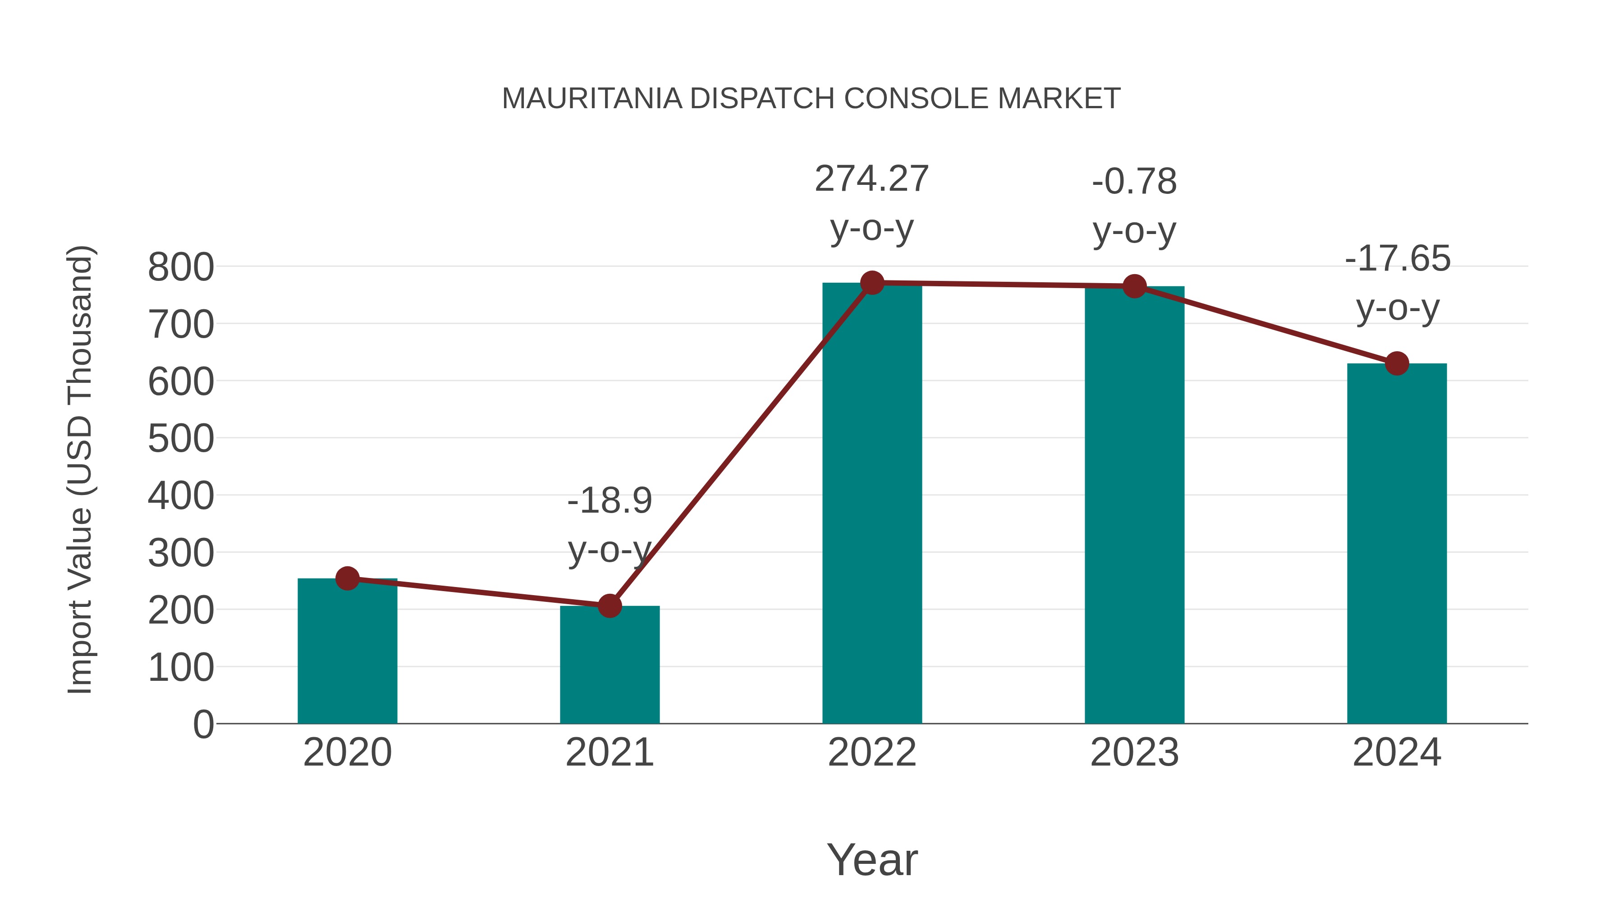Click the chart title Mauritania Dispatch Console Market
point(811,99)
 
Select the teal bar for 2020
point(347,652)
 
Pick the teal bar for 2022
point(872,504)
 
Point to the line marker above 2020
point(347,578)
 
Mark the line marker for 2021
point(609,606)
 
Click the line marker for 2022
point(872,283)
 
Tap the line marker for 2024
point(1397,363)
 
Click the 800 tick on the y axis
point(181,267)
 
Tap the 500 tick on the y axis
point(181,439)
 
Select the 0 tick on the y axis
point(203,725)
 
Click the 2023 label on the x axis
point(1134,753)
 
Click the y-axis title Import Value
point(81,469)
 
